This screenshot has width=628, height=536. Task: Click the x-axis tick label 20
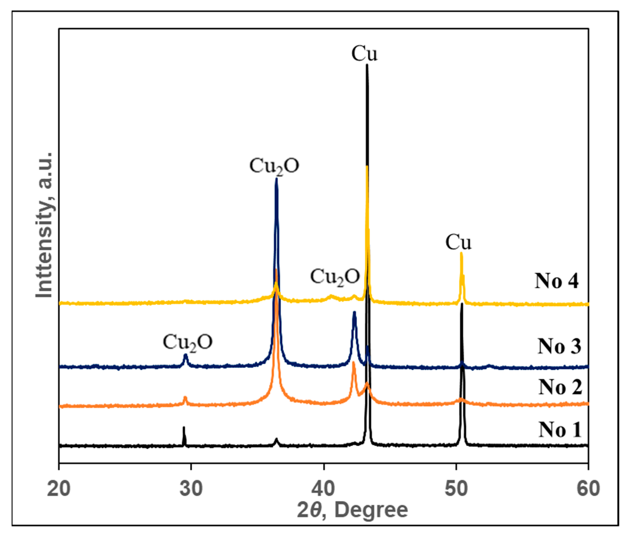pyautogui.click(x=59, y=489)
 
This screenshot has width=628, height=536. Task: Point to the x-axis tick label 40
pyautogui.click(x=323, y=489)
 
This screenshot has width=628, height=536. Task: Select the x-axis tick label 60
pyautogui.click(x=588, y=489)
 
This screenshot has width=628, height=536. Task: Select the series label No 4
pyautogui.click(x=556, y=281)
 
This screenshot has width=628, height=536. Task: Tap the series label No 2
pyautogui.click(x=560, y=387)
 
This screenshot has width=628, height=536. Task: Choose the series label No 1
pyautogui.click(x=560, y=429)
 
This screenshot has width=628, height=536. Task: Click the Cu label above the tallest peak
pyautogui.click(x=364, y=54)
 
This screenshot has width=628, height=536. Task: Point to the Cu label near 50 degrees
pyautogui.click(x=458, y=243)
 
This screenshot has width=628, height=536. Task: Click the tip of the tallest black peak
pyautogui.click(x=367, y=65)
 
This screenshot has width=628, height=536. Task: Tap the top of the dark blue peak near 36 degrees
pyautogui.click(x=276, y=179)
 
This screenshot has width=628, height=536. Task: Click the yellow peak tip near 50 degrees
pyautogui.click(x=461, y=253)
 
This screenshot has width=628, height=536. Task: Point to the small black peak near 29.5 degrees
pyautogui.click(x=184, y=428)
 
